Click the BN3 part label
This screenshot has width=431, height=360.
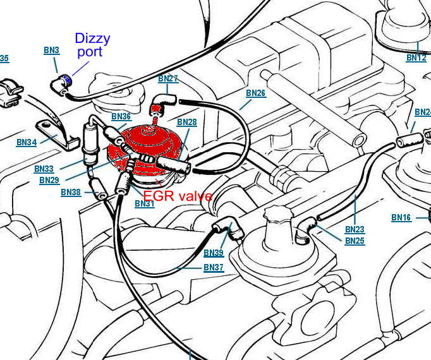(51, 49)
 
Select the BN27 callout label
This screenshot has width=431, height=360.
(168, 79)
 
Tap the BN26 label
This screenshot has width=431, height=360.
(255, 93)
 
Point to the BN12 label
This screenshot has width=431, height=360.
(416, 58)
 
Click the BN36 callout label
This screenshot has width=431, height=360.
(121, 117)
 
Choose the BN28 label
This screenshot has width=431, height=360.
(187, 122)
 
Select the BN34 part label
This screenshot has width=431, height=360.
(26, 143)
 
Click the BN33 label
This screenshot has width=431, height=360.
(44, 169)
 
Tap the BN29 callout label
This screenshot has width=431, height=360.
(49, 181)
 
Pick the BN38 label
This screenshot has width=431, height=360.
(71, 193)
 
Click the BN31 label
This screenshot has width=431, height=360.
(144, 204)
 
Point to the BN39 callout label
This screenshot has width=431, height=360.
(214, 253)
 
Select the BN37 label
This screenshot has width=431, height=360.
(214, 268)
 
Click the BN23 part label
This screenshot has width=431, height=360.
(355, 230)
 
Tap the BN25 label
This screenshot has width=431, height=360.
(355, 241)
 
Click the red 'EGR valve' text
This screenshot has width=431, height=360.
(178, 196)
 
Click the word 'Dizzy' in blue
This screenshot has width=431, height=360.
(92, 39)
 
